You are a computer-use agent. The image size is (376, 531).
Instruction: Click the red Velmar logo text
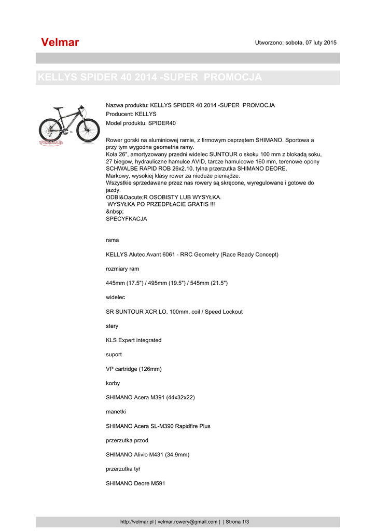click(x=60, y=43)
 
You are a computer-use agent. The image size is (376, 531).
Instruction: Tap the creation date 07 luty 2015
click(x=321, y=43)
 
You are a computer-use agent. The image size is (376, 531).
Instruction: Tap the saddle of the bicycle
click(x=58, y=108)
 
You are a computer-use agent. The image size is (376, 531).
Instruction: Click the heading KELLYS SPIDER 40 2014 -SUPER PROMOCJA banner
click(x=149, y=78)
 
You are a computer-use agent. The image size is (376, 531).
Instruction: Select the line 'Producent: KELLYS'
click(x=131, y=114)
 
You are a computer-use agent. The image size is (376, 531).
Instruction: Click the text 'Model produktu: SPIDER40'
click(x=141, y=123)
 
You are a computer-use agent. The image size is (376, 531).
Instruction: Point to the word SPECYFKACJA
click(x=126, y=219)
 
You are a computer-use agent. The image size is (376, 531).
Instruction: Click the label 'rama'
click(x=112, y=240)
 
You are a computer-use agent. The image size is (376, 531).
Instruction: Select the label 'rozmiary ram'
click(x=122, y=269)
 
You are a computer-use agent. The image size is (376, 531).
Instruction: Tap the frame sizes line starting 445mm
click(x=166, y=283)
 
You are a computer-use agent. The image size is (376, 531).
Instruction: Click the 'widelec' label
click(x=115, y=297)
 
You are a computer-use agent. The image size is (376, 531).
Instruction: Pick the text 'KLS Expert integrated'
click(x=133, y=340)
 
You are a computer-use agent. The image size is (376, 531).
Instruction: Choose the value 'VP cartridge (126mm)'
click(x=134, y=369)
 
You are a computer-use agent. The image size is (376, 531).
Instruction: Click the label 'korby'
click(x=113, y=383)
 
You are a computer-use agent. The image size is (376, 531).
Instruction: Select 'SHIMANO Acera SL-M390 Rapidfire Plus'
click(x=158, y=426)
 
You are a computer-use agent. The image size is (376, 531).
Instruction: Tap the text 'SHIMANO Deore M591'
click(x=135, y=483)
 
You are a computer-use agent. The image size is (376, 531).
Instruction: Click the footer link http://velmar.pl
click(x=137, y=522)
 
